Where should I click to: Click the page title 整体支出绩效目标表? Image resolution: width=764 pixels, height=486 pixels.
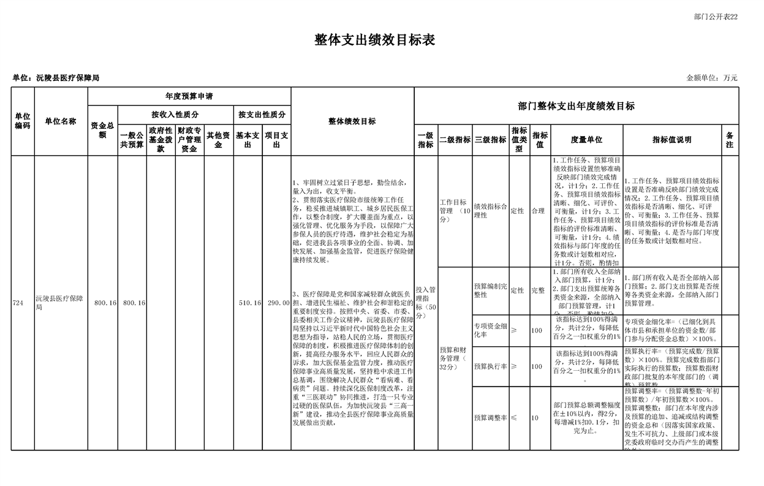click(x=374, y=40)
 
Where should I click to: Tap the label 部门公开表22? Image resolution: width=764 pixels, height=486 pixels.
click(x=716, y=17)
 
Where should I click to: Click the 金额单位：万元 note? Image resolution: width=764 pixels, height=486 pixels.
click(x=712, y=78)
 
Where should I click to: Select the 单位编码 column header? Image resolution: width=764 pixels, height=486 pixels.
click(x=23, y=121)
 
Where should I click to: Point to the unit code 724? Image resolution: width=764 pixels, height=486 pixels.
click(x=18, y=303)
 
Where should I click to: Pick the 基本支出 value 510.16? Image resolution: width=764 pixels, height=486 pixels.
click(x=249, y=303)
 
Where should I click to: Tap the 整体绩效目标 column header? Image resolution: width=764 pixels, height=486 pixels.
click(x=352, y=121)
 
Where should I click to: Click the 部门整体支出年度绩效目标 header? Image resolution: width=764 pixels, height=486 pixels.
click(x=576, y=106)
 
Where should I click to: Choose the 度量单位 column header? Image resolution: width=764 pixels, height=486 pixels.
click(x=586, y=140)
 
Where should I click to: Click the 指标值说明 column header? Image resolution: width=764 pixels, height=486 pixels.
click(x=671, y=140)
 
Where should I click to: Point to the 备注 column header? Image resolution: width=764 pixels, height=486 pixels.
click(x=730, y=140)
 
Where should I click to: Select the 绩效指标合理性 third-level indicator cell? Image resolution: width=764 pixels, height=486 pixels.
click(x=490, y=211)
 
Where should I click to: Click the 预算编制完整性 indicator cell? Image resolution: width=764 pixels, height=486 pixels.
click(x=490, y=290)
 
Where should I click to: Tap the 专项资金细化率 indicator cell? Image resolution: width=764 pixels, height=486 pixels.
click(x=490, y=330)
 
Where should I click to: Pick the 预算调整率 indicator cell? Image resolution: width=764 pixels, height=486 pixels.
click(x=490, y=417)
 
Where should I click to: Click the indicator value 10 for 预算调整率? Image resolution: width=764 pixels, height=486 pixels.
click(x=535, y=417)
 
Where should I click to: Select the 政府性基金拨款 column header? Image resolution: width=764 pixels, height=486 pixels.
click(x=161, y=140)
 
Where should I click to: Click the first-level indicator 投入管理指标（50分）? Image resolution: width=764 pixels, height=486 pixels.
click(x=426, y=303)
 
